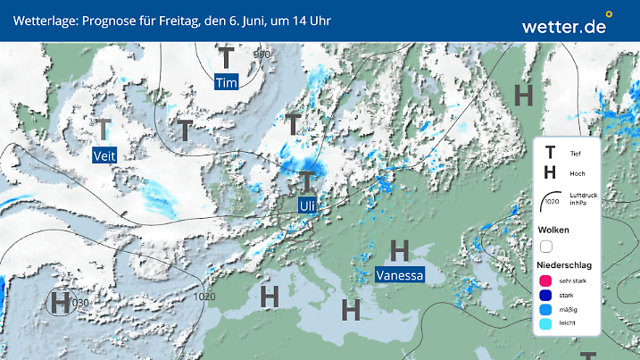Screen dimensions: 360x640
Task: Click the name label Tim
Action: click(227, 82)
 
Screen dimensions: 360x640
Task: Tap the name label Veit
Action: click(104, 155)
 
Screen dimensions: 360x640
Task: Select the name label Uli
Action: click(308, 205)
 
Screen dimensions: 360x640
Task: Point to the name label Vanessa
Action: click(399, 274)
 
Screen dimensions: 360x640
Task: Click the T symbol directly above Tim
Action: click(228, 58)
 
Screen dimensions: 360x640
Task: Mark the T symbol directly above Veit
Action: click(104, 130)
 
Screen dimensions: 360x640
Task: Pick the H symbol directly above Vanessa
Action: click(399, 249)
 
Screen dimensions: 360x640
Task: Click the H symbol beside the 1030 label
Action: click(60, 302)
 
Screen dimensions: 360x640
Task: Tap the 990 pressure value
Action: click(262, 54)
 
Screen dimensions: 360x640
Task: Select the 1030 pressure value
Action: click(80, 303)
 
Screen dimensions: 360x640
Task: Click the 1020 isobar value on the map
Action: click(204, 296)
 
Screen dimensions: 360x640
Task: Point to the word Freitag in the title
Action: click(161, 20)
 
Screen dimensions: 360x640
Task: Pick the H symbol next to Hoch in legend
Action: click(551, 172)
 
